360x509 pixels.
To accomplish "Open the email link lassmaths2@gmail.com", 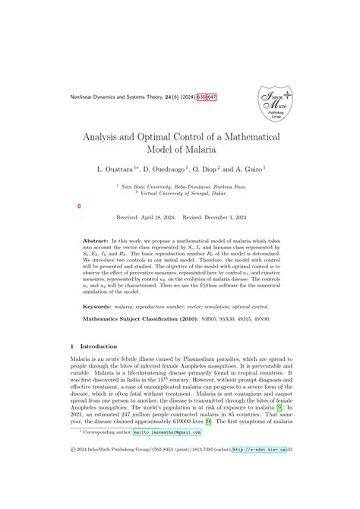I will click(x=166, y=474).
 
